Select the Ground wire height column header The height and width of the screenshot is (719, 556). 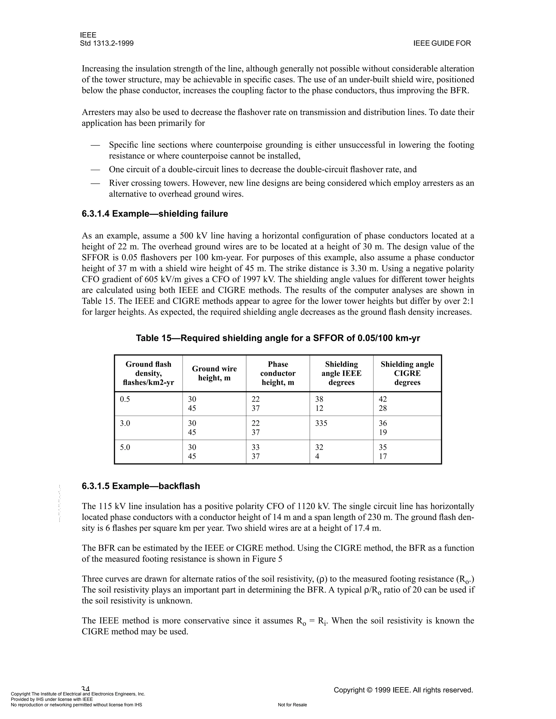214,373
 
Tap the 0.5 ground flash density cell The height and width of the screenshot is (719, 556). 125,399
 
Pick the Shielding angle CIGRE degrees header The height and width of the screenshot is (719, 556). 407,373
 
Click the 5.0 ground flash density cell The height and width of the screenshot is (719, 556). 125,447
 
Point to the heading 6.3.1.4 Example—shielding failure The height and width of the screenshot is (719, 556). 155,214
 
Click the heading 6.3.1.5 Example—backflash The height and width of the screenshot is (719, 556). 141,486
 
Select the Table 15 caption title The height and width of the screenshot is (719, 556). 278,338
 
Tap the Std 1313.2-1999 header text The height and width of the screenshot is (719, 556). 107,43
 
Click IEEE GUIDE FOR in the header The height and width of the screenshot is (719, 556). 442,43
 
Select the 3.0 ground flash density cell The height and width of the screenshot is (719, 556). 125,423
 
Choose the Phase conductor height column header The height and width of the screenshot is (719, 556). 278,373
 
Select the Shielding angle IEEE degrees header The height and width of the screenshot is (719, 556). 341,373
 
